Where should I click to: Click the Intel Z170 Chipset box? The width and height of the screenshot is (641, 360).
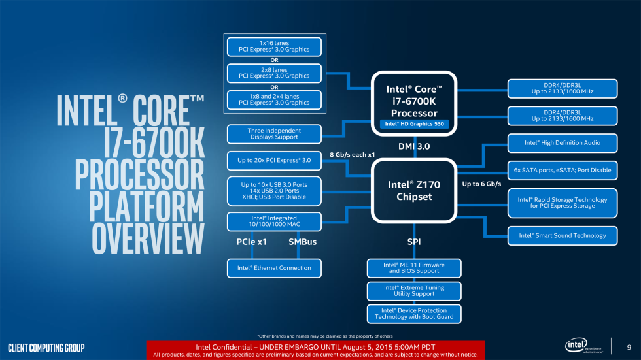click(414, 190)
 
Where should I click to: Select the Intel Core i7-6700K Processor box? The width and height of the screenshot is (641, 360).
click(414, 101)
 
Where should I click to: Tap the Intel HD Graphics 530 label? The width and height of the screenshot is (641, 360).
click(414, 123)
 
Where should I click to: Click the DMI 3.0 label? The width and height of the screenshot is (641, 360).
click(414, 147)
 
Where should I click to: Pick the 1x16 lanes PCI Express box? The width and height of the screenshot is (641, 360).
click(274, 47)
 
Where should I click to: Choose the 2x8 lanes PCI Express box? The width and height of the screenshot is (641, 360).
click(274, 73)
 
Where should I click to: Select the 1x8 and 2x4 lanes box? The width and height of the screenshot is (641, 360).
click(274, 99)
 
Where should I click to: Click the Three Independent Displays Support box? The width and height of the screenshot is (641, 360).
click(274, 134)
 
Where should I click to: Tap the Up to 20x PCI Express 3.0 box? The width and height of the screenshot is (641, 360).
click(274, 160)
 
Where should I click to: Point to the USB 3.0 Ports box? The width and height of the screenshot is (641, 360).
click(274, 190)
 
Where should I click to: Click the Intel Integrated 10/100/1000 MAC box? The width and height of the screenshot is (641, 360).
click(274, 221)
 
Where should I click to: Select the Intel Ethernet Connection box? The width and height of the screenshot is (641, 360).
click(274, 268)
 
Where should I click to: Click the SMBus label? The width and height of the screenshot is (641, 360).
click(302, 242)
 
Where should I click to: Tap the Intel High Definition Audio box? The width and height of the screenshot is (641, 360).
click(562, 142)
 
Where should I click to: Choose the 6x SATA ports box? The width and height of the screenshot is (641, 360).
click(562, 170)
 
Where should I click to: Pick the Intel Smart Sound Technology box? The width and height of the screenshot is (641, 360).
click(562, 235)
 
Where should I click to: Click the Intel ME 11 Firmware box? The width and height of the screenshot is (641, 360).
click(414, 268)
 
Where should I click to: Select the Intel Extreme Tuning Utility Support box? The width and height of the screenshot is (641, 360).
click(414, 291)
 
